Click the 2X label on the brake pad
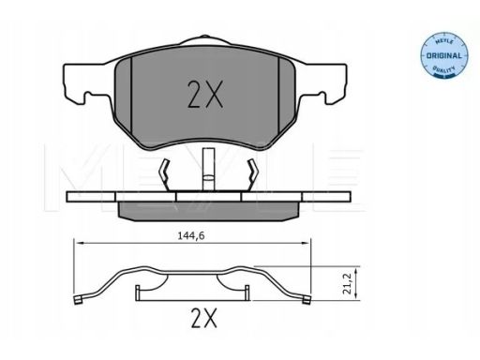(205, 95)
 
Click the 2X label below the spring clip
(203, 318)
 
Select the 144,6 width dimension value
(191, 236)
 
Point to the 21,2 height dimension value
(347, 283)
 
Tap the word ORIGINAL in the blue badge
(444, 56)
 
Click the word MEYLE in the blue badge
(444, 41)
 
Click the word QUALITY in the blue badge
(443, 68)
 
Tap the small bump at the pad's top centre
(204, 37)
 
